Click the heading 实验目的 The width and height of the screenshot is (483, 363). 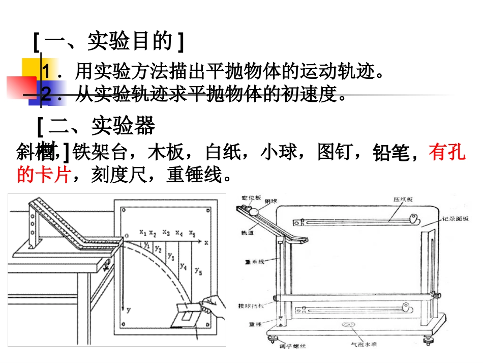(x=130, y=42)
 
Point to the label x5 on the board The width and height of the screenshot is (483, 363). (x=192, y=233)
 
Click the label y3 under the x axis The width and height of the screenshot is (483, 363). (x=171, y=256)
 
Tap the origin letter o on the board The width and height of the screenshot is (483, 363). (x=127, y=234)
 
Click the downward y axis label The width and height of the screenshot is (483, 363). (x=129, y=309)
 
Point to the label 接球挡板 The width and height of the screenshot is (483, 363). (x=249, y=306)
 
